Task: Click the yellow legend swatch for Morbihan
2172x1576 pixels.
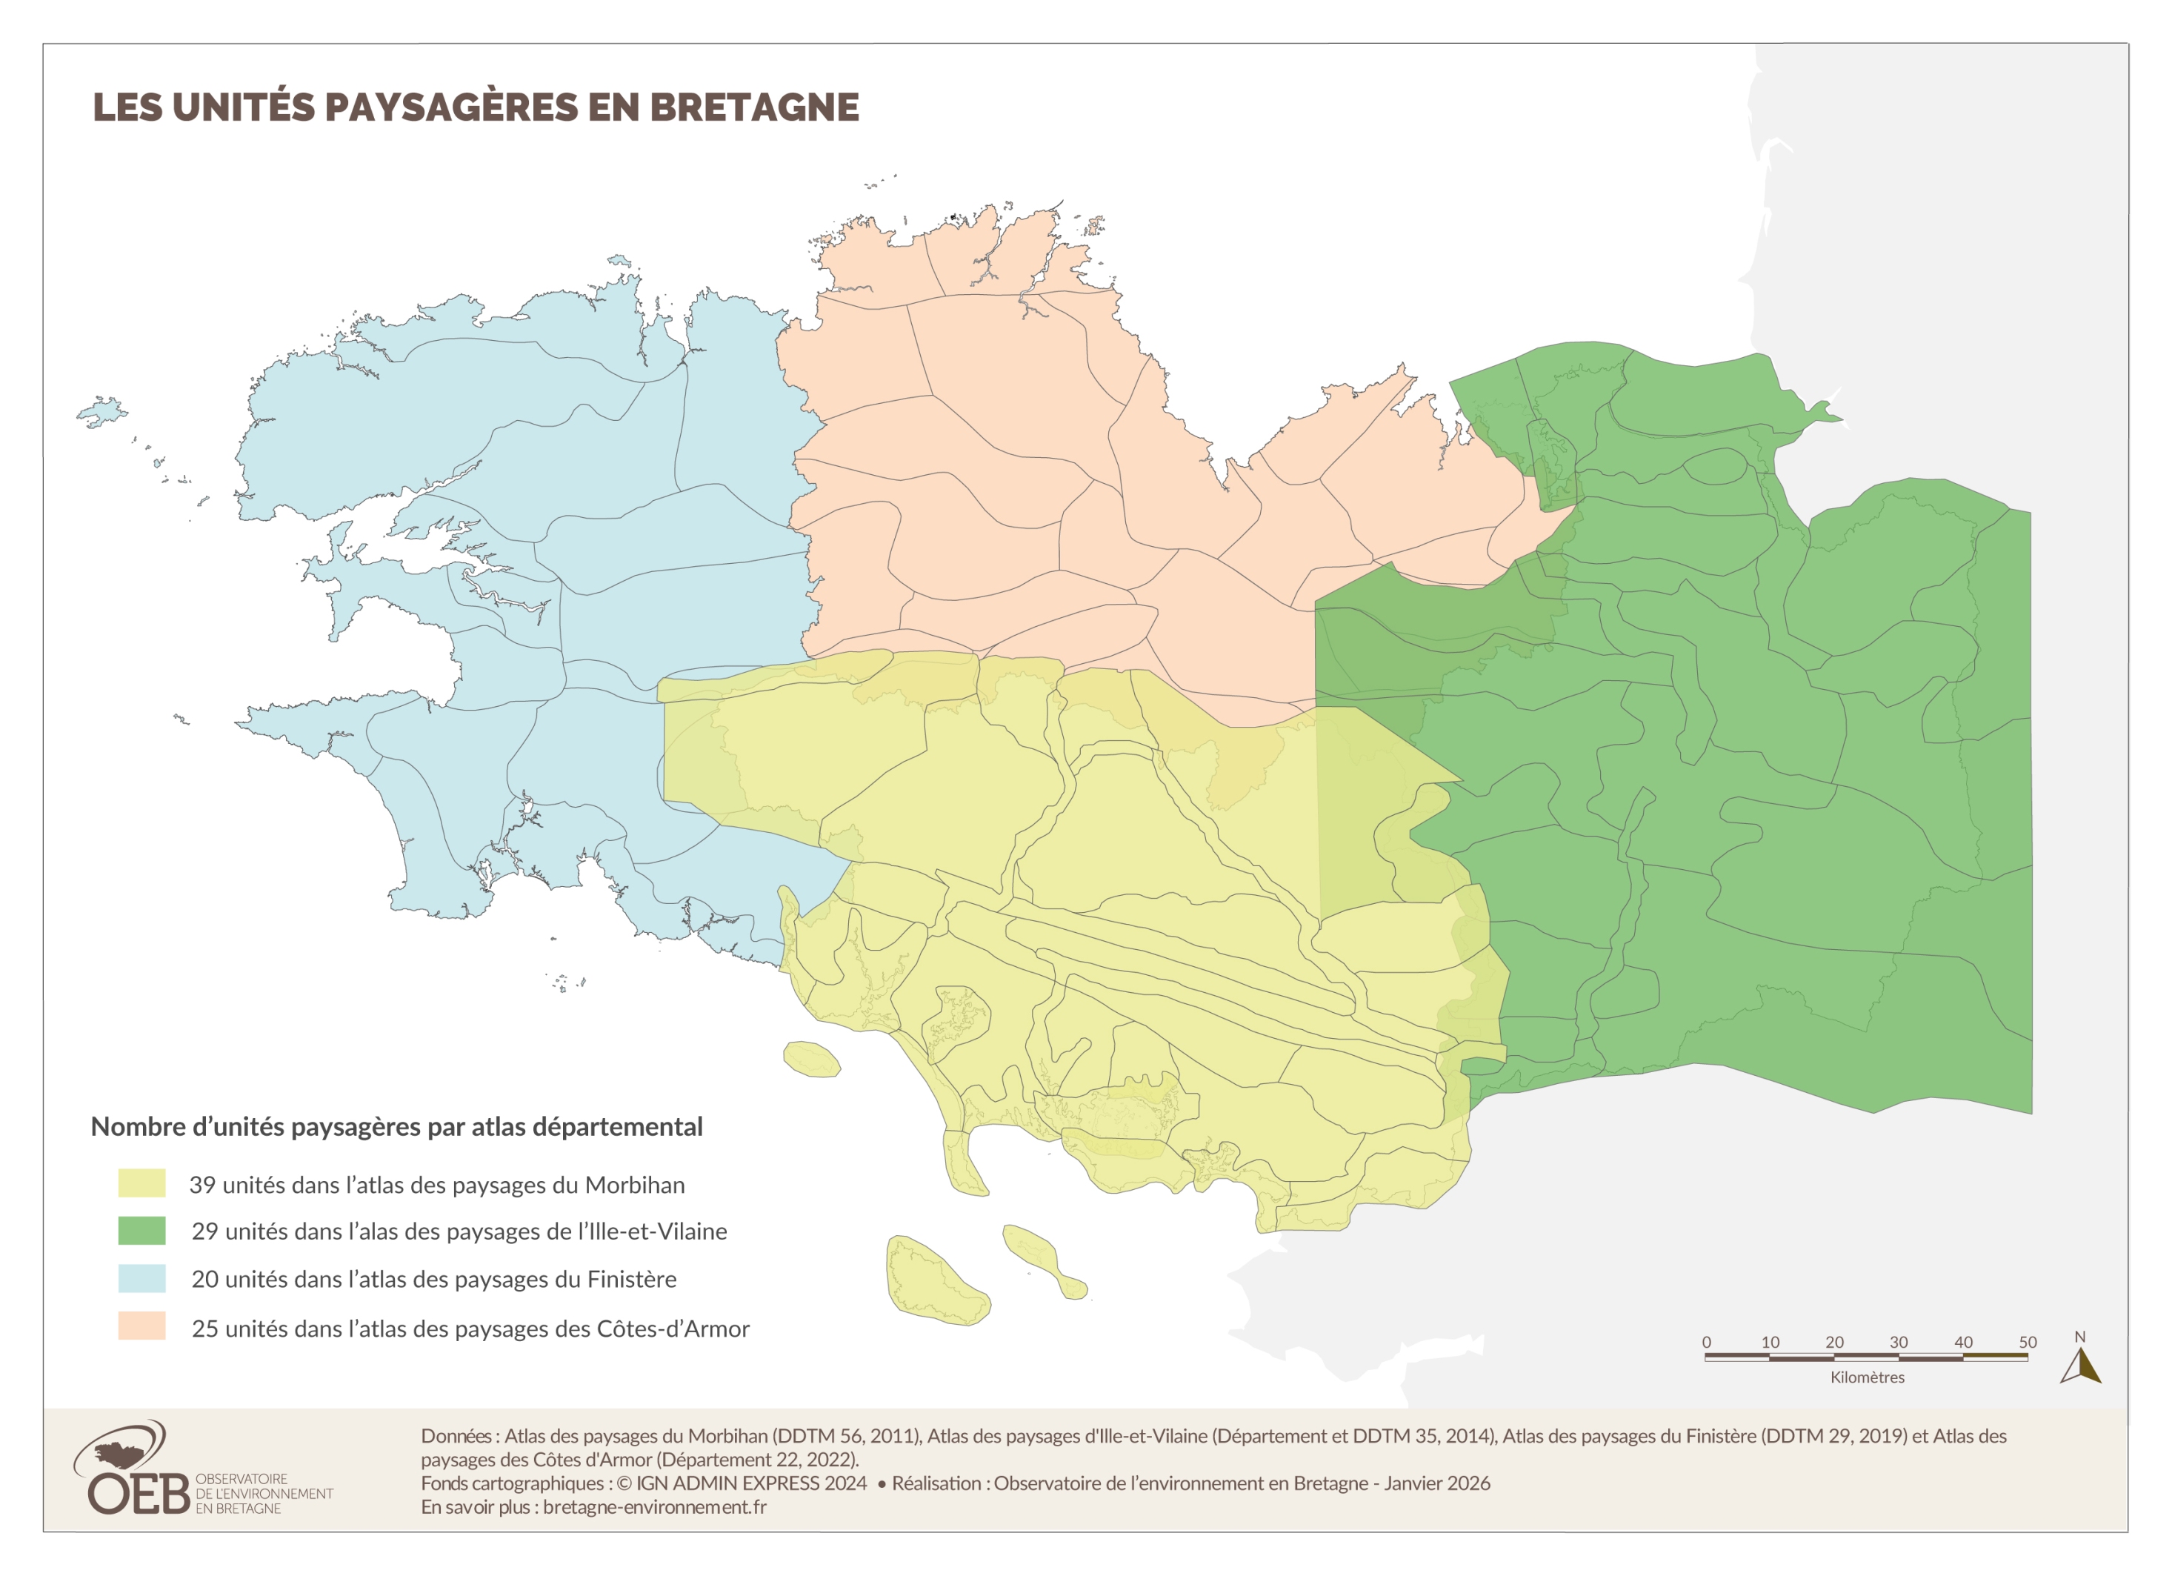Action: coord(141,1183)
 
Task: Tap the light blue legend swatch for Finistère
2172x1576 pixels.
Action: coord(141,1278)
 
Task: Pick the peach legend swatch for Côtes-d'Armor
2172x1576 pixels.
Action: coord(141,1326)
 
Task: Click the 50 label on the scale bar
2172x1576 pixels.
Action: coord(2028,1343)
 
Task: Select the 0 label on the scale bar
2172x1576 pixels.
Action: coord(1707,1343)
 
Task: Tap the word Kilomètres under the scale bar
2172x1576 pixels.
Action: coord(1867,1377)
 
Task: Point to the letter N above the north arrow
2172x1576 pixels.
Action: coord(2079,1337)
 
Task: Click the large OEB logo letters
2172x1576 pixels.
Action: coord(139,1493)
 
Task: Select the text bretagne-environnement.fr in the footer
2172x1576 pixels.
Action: coord(654,1507)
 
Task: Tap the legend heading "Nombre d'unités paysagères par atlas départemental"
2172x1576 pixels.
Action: coord(396,1127)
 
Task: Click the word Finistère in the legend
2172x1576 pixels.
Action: coord(631,1279)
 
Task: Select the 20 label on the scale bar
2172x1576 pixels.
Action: coord(1834,1343)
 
